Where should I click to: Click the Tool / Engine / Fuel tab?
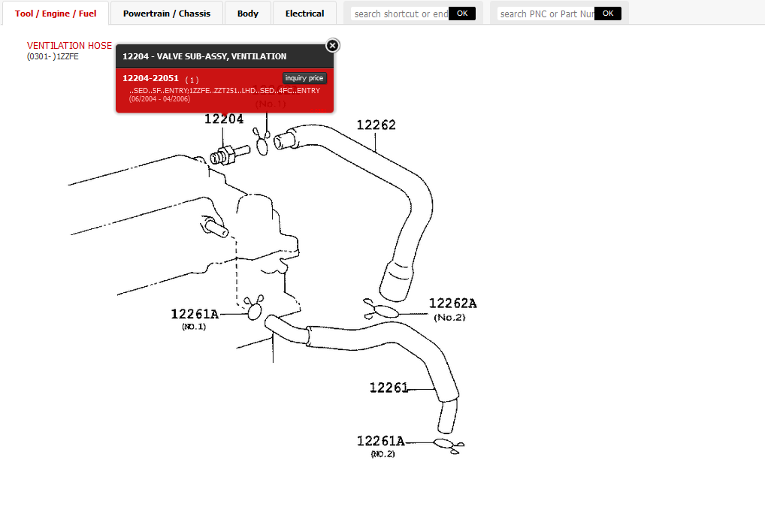point(56,14)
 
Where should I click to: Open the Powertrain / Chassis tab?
point(167,14)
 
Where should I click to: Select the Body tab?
point(247,14)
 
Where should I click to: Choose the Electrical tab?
point(304,14)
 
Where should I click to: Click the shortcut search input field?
point(400,14)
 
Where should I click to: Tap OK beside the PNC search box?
point(608,14)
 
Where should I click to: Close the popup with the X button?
point(333,46)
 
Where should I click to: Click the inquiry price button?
point(304,78)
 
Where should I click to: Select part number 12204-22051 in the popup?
point(150,78)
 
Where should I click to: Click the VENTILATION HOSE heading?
point(69,46)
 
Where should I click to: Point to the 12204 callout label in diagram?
point(224,119)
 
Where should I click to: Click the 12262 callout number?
point(376,125)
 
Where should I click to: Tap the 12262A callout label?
point(452,303)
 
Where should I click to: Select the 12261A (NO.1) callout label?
point(194,315)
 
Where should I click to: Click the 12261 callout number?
point(389,388)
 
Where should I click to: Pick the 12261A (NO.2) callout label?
point(380,441)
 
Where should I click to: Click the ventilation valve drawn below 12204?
point(228,154)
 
